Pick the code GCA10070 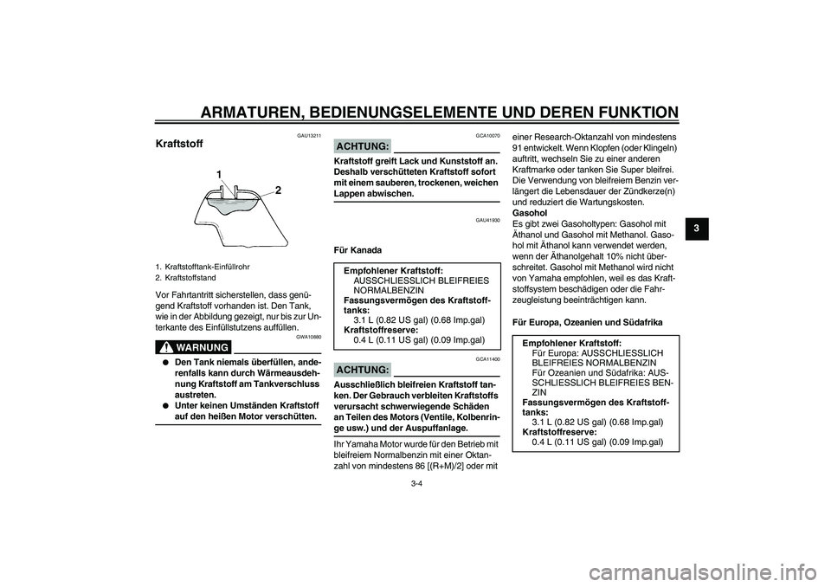[x=488, y=136]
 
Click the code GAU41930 [x=488, y=221]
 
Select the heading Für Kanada [x=358, y=251]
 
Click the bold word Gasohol [x=530, y=212]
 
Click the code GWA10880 [x=308, y=338]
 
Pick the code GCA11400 [x=488, y=359]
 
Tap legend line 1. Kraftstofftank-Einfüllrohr [x=203, y=268]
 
